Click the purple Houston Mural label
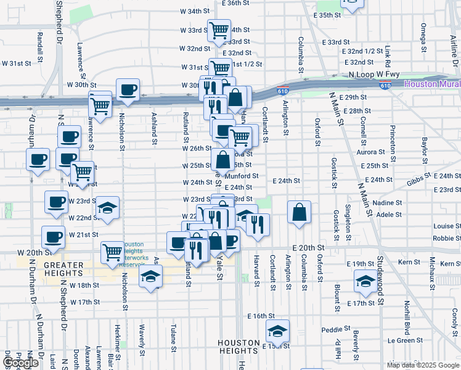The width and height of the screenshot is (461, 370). pos(432,83)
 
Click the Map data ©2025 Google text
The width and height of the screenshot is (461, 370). pos(423,365)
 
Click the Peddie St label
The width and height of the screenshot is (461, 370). pos(331,329)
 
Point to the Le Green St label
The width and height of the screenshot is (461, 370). pos(401,340)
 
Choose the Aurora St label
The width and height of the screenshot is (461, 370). pos(370,152)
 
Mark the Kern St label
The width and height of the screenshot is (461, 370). pos(409,263)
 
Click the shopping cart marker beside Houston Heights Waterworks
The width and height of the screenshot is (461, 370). pos(112,252)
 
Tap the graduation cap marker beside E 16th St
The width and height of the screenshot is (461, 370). pos(277,331)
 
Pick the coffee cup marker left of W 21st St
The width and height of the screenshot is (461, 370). pos(53,237)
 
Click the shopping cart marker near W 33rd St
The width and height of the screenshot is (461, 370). pos(218,30)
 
